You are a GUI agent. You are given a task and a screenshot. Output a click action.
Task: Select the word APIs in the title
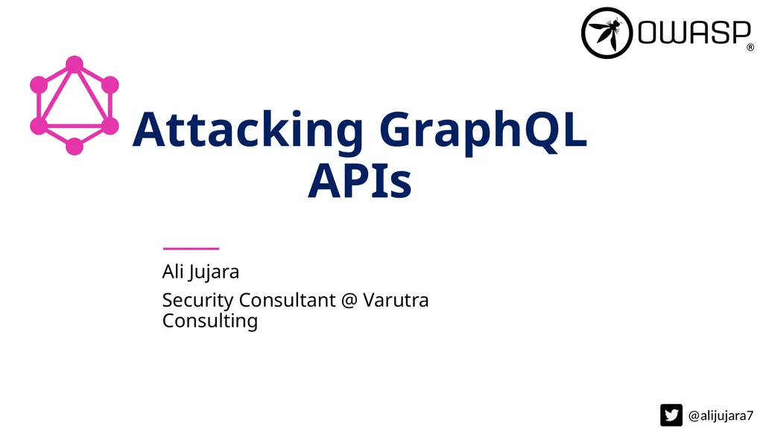point(359,181)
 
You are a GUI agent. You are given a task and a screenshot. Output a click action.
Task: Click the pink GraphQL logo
point(74,105)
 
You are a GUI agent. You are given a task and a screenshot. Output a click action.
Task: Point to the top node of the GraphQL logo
point(74,64)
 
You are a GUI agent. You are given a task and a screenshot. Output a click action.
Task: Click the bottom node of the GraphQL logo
point(74,146)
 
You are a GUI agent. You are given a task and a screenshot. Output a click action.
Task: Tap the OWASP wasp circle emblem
point(607,33)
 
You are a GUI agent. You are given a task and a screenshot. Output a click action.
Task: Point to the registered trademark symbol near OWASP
point(750,48)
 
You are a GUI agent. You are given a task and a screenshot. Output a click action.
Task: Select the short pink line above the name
point(191,248)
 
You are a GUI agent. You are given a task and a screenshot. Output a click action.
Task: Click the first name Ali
point(172,272)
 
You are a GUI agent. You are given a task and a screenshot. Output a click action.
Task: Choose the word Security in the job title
point(197,300)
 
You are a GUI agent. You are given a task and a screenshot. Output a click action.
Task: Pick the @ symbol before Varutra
point(349,301)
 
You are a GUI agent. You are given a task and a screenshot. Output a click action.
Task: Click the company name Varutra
point(396,300)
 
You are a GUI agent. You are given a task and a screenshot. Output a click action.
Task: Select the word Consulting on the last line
point(209,321)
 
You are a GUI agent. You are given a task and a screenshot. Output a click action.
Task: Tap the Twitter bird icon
point(671,415)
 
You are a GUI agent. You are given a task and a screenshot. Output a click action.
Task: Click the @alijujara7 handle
point(721,415)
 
